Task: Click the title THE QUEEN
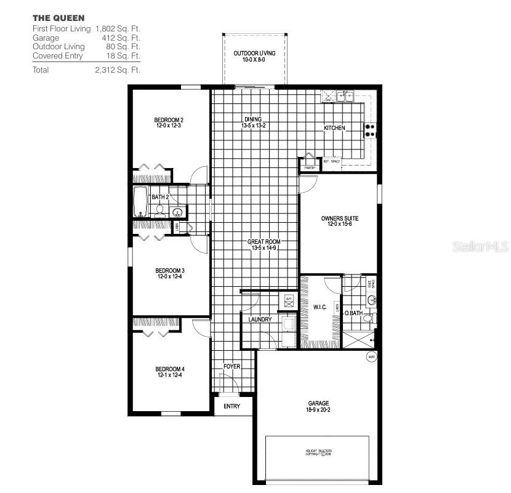59,18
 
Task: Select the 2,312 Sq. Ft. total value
118,70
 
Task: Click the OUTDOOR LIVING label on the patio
254,54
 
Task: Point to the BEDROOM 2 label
169,120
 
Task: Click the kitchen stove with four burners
371,130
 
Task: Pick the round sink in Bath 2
179,213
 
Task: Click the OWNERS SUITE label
339,218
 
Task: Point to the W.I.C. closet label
320,306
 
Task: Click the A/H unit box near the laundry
289,300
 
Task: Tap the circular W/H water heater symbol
371,356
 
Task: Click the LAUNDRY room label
260,319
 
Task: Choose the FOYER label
231,366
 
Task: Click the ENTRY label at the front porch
231,406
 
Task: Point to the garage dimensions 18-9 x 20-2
318,411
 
